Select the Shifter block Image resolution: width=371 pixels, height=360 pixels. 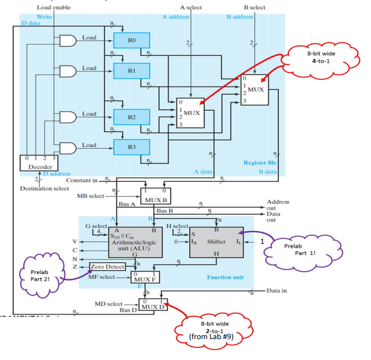pos(216,241)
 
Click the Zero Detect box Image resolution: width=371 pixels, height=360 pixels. pos(107,267)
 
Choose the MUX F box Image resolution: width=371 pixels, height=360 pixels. pos(146,276)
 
